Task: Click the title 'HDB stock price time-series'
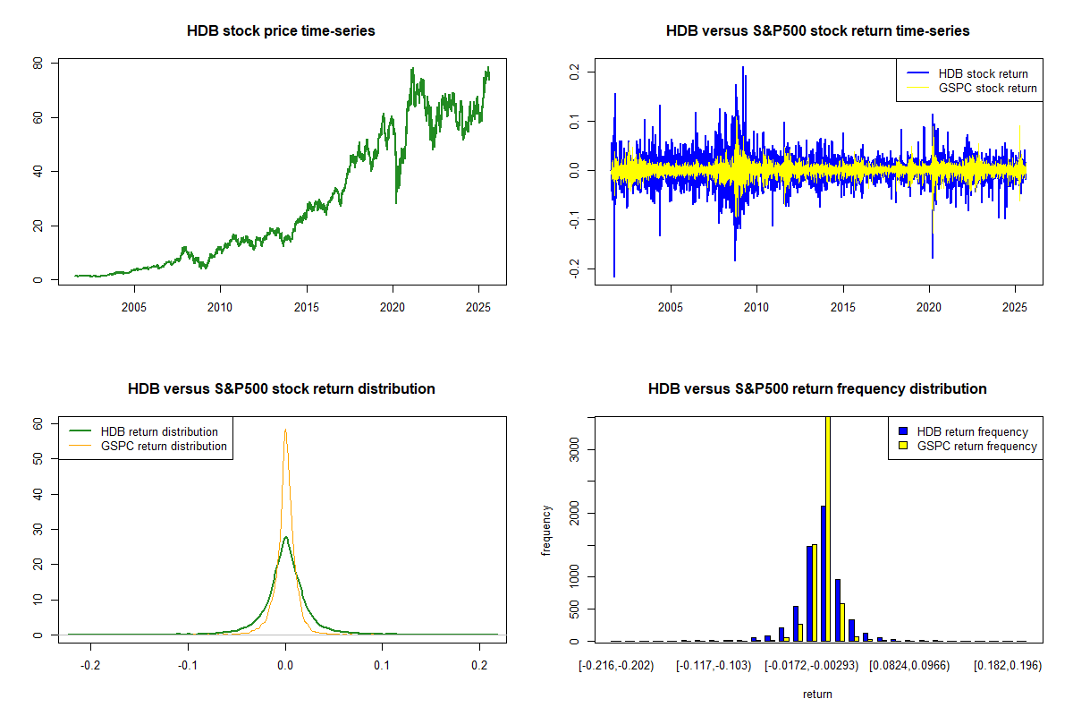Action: click(x=281, y=31)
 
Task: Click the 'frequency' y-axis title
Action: click(x=546, y=530)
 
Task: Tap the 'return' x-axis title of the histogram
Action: click(x=817, y=694)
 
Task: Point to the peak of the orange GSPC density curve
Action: click(x=285, y=430)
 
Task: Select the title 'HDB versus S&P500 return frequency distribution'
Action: click(x=817, y=389)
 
